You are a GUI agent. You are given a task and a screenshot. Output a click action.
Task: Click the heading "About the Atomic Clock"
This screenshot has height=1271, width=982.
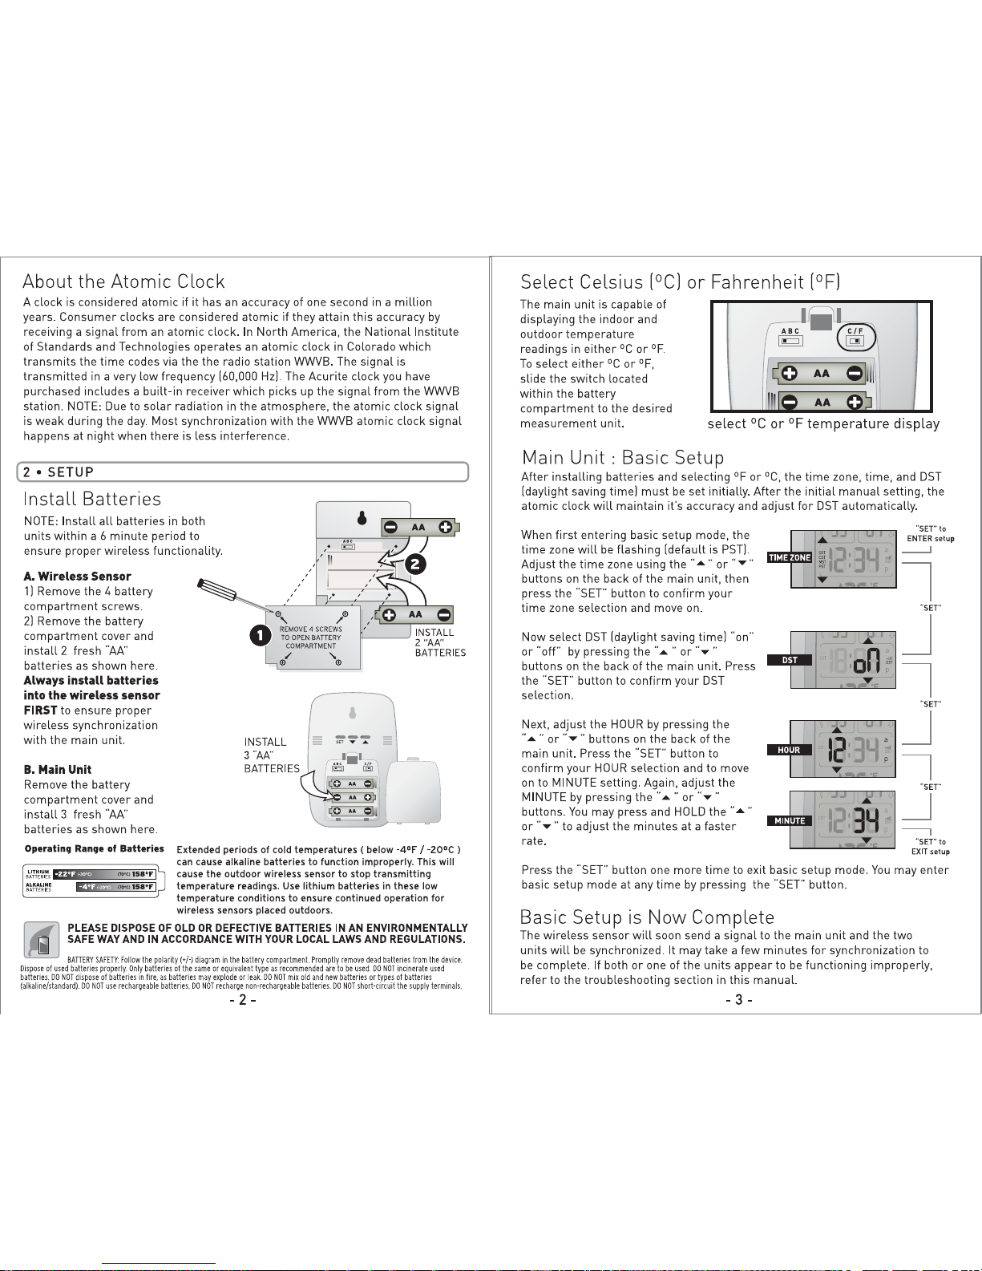pos(123,281)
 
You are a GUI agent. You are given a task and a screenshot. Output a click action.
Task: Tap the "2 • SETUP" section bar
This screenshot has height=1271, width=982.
pos(242,472)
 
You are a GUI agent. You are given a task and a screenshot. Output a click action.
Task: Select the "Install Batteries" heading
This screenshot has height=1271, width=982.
pos(92,499)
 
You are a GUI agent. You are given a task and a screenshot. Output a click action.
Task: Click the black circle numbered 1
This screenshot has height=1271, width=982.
pos(259,636)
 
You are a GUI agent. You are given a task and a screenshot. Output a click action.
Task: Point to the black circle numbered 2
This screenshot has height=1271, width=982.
pos(415,563)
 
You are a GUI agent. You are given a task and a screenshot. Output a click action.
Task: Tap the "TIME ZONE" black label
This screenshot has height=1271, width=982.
pos(790,557)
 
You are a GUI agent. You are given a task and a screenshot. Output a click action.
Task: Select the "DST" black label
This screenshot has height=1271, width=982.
pos(790,660)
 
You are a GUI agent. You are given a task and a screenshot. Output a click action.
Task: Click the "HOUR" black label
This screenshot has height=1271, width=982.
pos(790,750)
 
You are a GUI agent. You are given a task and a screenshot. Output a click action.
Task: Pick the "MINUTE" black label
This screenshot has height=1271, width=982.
pos(790,820)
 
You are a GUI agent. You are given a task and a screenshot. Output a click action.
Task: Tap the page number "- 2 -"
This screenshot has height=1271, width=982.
pos(242,1000)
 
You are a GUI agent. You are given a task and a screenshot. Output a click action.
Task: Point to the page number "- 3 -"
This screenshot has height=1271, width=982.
pos(738,1000)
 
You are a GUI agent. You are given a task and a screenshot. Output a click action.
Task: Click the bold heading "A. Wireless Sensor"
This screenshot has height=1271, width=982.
pos(77,576)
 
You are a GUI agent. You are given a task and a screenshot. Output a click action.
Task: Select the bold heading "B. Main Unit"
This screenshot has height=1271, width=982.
pos(58,769)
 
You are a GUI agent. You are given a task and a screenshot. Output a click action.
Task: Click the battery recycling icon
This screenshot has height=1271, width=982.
pos(41,940)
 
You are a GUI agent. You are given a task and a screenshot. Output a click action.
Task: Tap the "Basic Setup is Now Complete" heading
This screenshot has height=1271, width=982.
pos(647,917)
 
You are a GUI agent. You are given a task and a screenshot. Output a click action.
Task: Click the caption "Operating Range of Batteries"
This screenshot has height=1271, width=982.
pos(94,848)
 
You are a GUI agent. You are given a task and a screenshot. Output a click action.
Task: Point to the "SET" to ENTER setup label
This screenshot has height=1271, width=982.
pos(931,533)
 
